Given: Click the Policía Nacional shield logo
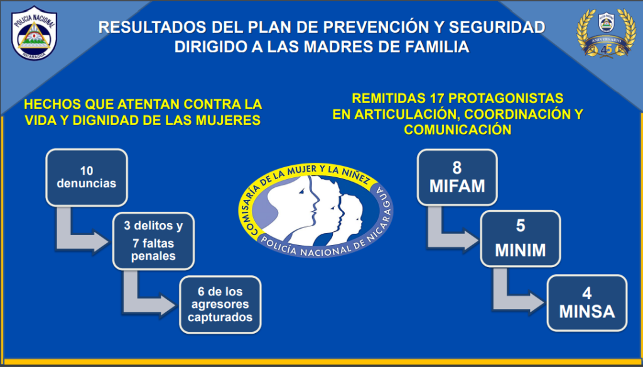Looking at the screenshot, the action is point(34,33).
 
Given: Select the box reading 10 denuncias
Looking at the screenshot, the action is point(87,177).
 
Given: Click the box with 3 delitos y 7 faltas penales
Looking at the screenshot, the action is point(153,241).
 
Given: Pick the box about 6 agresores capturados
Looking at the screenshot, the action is point(220,305).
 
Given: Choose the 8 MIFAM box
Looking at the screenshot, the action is point(457,177).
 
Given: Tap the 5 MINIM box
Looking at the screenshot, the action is point(521,239).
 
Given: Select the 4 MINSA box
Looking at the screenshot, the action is point(587,303).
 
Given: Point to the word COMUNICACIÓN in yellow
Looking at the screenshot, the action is point(458,129).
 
